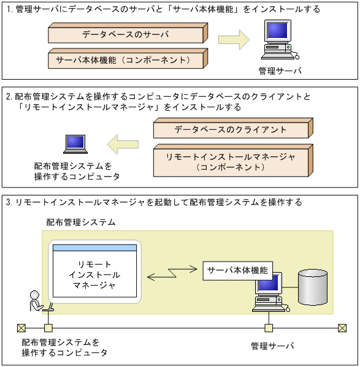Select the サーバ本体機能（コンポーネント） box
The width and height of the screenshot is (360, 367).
[125, 60]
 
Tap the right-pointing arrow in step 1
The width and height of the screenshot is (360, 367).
[234, 40]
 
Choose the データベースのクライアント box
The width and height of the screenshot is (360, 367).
[231, 129]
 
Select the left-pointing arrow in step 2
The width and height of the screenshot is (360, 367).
[122, 145]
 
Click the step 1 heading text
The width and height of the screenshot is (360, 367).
[163, 10]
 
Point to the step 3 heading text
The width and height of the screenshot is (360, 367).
[153, 202]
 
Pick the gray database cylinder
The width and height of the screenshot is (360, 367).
[313, 287]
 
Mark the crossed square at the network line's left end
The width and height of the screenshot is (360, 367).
[20, 327]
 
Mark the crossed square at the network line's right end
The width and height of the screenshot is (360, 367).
[342, 327]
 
